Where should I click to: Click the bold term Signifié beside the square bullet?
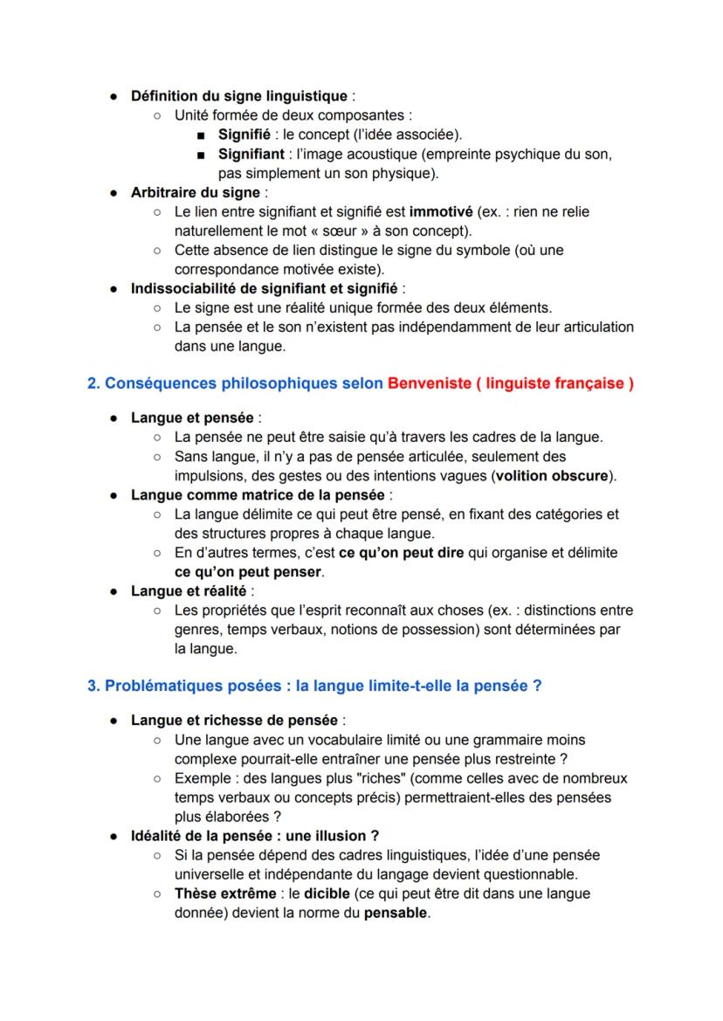(x=244, y=135)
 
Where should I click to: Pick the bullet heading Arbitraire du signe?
(x=196, y=192)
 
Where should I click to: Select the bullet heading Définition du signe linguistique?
(x=238, y=96)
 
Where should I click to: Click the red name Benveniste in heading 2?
(x=427, y=383)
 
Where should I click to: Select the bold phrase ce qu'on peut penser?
(x=248, y=572)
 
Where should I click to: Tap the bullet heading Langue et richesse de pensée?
(x=234, y=721)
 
